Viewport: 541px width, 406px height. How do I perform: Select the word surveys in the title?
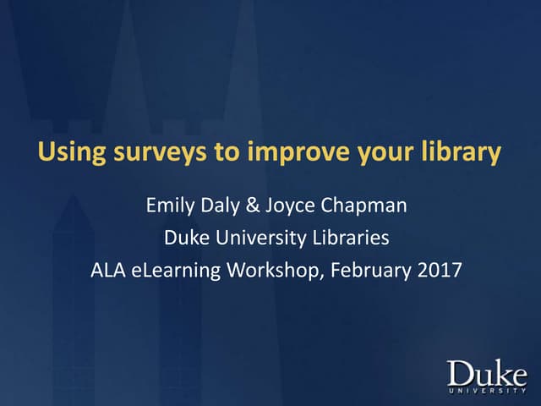click(x=150, y=154)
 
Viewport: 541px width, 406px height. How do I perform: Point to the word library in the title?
click(x=460, y=154)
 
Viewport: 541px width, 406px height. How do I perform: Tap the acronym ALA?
click(x=107, y=272)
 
